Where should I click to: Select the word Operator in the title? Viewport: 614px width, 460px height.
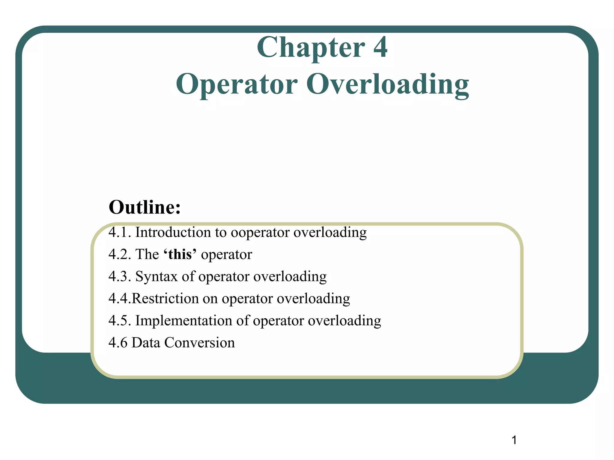click(237, 85)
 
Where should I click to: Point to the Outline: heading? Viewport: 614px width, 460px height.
click(145, 207)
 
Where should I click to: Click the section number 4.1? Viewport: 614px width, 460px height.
click(120, 232)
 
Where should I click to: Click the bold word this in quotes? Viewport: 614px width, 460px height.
click(180, 255)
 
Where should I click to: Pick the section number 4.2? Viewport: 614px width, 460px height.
click(120, 255)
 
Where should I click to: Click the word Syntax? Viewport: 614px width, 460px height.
click(156, 277)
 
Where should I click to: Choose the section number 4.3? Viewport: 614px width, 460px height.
click(120, 276)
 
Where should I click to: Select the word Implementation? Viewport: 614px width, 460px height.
click(184, 321)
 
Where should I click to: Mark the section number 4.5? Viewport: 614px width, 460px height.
click(120, 321)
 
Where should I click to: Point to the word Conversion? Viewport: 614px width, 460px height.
click(199, 343)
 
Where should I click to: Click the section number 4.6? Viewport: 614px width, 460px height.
click(118, 343)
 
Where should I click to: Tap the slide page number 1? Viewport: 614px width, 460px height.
click(514, 440)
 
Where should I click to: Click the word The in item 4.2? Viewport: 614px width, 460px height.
click(147, 255)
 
